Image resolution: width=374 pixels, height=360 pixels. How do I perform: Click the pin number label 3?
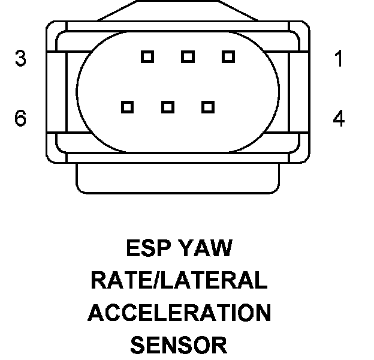[21, 59]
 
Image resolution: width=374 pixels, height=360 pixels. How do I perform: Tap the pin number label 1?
[339, 59]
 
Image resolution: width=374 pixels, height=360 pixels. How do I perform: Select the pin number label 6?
[21, 118]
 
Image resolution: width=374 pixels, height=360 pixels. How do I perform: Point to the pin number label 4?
[339, 118]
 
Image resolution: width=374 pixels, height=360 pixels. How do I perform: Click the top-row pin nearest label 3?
[147, 57]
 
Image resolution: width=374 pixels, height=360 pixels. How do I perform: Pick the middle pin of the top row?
[188, 57]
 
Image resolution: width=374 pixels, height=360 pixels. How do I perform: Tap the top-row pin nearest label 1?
[228, 57]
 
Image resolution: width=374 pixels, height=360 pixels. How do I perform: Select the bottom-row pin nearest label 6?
[126, 107]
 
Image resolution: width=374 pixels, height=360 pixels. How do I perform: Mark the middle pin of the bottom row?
[167, 107]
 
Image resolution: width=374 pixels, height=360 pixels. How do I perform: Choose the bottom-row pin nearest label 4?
[208, 107]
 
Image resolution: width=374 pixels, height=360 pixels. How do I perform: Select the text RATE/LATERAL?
[178, 280]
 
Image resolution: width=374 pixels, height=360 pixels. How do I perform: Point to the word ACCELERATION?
[179, 313]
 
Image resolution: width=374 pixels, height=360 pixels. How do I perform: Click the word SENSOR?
[178, 345]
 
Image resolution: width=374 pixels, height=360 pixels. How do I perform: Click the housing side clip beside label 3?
[55, 90]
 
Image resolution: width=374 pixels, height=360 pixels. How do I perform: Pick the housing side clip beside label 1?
[301, 90]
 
